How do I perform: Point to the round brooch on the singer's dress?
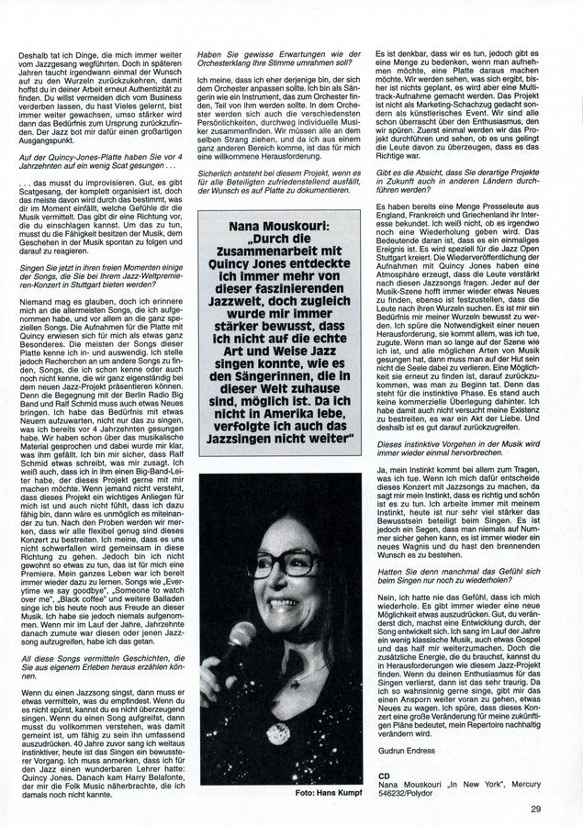[x=278, y=731]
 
